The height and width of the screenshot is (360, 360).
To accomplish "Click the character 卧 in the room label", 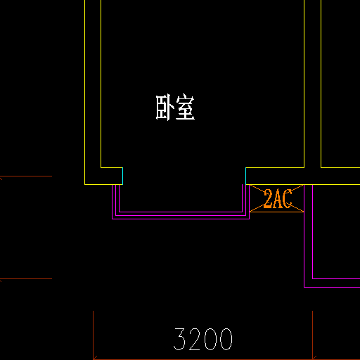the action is coord(165,108).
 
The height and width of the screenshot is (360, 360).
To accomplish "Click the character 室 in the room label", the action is coord(185,108).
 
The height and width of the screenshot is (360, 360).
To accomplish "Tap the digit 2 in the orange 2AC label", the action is coord(268,199).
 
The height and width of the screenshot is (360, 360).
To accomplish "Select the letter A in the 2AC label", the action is coord(278,199).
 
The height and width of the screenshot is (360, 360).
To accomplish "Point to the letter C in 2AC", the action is coord(288,199).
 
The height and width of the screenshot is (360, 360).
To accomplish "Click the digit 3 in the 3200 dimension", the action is coord(179,339).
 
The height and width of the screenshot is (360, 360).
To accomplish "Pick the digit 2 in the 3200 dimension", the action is coord(195,339).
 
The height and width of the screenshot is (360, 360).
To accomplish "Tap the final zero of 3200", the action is coord(226,339).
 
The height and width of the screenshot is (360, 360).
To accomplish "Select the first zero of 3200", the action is coord(210,339).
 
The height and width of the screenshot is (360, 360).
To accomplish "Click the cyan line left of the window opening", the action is coord(122,176).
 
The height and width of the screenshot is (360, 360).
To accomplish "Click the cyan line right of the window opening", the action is coord(245,176).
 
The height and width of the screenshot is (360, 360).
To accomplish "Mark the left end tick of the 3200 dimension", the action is coord(94,335).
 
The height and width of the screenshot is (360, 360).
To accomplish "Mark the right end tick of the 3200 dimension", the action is coord(312,335).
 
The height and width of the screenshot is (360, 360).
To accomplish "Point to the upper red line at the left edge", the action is coord(26,176).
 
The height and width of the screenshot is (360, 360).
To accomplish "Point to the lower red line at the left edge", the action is coord(26,278).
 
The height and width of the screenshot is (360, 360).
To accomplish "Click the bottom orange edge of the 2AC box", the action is coord(277,212).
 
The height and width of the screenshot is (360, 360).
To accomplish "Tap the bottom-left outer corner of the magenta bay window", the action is coord(112,219).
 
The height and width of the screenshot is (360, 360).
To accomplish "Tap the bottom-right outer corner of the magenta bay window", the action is coord(249,219).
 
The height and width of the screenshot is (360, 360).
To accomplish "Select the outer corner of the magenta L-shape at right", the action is coord(304,287).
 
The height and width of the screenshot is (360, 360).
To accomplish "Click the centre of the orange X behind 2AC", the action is coord(277,198).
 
